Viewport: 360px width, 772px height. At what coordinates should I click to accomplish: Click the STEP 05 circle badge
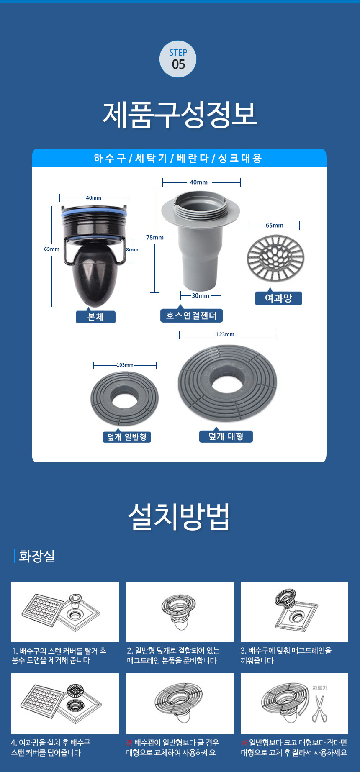pyautogui.click(x=178, y=59)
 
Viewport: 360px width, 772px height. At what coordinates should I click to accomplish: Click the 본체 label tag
pyautogui.click(x=95, y=317)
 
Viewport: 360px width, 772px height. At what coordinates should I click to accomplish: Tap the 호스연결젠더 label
pyautogui.click(x=191, y=315)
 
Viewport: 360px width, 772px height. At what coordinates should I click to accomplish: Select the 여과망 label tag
pyautogui.click(x=278, y=298)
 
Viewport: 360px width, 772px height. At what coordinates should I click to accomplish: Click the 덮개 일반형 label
pyautogui.click(x=126, y=437)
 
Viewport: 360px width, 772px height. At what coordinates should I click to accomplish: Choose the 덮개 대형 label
pyautogui.click(x=226, y=436)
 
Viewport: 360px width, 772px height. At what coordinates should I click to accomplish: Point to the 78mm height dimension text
pyautogui.click(x=155, y=237)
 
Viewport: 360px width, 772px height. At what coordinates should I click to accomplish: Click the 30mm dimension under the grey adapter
pyautogui.click(x=201, y=295)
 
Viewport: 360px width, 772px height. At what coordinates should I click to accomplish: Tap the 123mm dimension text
pyautogui.click(x=225, y=334)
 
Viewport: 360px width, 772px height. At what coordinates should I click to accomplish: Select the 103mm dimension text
pyautogui.click(x=125, y=365)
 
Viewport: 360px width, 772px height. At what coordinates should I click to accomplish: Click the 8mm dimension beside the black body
pyautogui.click(x=132, y=250)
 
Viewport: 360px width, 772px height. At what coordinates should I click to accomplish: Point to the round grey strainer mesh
pyautogui.click(x=275, y=257)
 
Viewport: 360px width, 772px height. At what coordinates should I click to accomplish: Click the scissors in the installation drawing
pyautogui.click(x=319, y=708)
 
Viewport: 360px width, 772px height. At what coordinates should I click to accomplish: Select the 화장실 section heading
pyautogui.click(x=37, y=556)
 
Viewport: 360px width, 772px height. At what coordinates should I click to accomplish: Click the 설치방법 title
pyautogui.click(x=179, y=517)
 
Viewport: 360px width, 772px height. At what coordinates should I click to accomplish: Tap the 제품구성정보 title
pyautogui.click(x=180, y=114)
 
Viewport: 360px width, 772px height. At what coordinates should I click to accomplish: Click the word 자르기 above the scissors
pyautogui.click(x=320, y=688)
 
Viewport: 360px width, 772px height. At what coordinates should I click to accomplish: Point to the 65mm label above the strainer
pyautogui.click(x=275, y=225)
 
